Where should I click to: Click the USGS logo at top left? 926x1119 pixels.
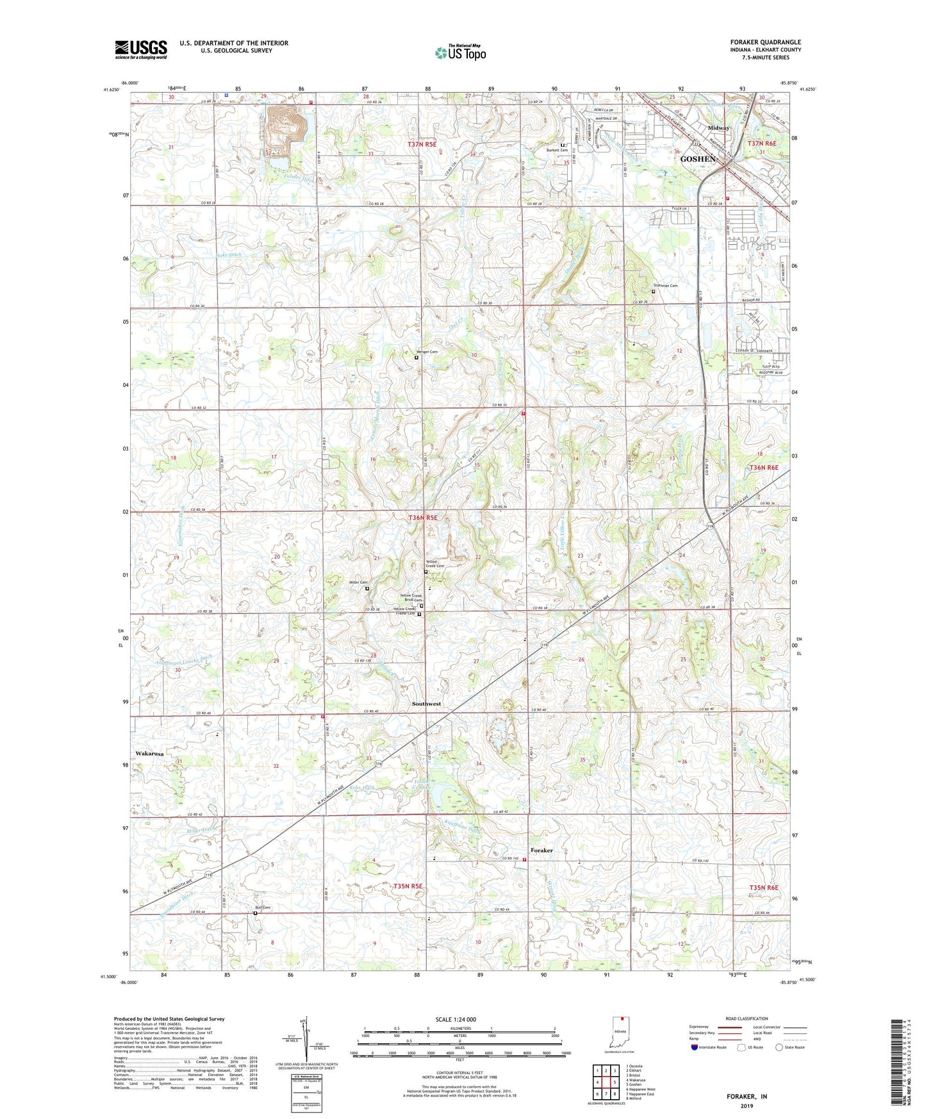coord(140,49)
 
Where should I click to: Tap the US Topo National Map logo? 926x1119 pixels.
coord(460,52)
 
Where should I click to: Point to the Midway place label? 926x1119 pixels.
coord(718,128)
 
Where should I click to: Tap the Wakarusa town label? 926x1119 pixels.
coord(149,754)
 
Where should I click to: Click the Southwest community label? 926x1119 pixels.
coord(426,704)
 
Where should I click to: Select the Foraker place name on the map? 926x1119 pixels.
coord(542,850)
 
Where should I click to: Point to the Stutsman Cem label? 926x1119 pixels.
coord(665,286)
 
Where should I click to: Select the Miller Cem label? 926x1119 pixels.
coord(358,582)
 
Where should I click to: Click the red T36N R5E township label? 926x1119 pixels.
coord(423,518)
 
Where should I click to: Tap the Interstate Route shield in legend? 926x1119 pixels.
coord(695,1047)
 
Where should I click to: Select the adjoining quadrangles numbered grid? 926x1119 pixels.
coord(606,1081)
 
